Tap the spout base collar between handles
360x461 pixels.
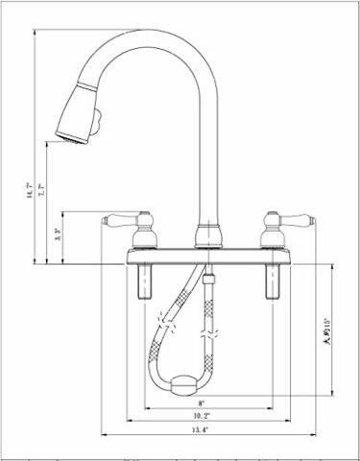[x=203, y=236]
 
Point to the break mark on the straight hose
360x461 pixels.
[x=204, y=336]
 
